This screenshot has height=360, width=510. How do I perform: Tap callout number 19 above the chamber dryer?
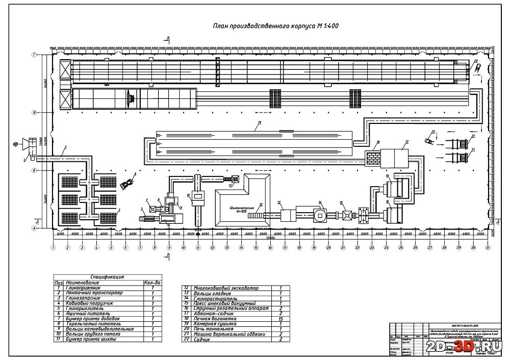tap(260, 123)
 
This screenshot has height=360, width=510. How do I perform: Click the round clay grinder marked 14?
tap(321, 213)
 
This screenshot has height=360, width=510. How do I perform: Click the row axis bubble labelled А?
tap(34, 229)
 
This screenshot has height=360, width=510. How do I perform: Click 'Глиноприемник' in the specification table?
tap(84, 288)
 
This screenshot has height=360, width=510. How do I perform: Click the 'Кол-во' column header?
tap(152, 282)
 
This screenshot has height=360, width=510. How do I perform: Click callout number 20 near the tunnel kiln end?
tap(476, 61)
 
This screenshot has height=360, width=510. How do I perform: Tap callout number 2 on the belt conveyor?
tap(65, 148)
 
